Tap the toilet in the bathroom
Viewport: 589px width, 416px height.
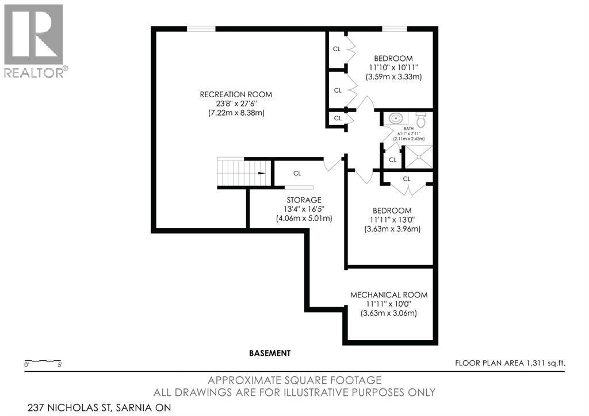(421, 120)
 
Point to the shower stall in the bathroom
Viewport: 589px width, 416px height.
(419, 156)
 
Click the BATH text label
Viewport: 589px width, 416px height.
(408, 129)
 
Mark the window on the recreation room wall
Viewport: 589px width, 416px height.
(201, 28)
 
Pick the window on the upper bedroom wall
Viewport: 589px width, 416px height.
(395, 28)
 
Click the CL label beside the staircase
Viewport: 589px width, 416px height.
(297, 173)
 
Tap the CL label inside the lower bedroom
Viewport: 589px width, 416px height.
(407, 179)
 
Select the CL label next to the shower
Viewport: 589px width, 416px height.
(392, 159)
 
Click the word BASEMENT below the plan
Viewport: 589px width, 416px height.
(270, 353)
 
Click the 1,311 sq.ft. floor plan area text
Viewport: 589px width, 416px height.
(510, 363)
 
